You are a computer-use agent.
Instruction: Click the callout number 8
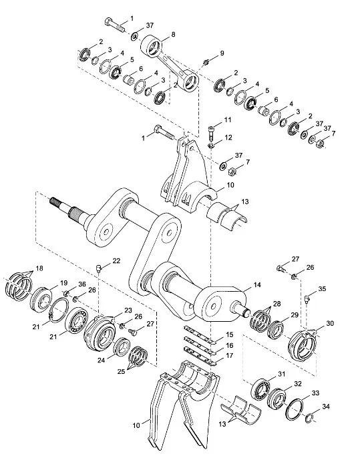(173, 35)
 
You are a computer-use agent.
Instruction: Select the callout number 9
(222, 53)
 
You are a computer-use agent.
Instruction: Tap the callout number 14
(257, 284)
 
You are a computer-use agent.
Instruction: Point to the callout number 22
(116, 260)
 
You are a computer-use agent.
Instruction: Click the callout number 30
(330, 323)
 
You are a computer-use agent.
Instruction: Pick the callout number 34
(326, 407)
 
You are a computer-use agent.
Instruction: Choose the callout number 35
(322, 288)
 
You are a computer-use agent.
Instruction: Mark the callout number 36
(82, 284)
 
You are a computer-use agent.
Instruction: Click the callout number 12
(228, 138)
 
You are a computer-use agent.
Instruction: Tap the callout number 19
(64, 283)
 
